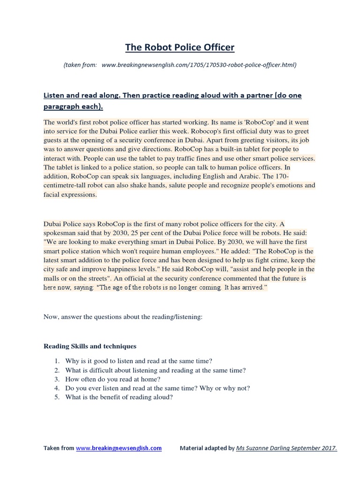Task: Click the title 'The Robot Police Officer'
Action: pyautogui.click(x=180, y=47)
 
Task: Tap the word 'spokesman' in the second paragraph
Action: pyautogui.click(x=60, y=233)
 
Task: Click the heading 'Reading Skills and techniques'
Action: pyautogui.click(x=90, y=346)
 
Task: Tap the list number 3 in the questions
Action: pyautogui.click(x=56, y=379)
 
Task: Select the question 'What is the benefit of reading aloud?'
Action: pyautogui.click(x=120, y=397)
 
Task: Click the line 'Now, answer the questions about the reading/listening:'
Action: pyautogui.click(x=123, y=317)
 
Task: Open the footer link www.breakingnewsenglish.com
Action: pyautogui.click(x=119, y=448)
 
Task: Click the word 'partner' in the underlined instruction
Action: pyautogui.click(x=257, y=95)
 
